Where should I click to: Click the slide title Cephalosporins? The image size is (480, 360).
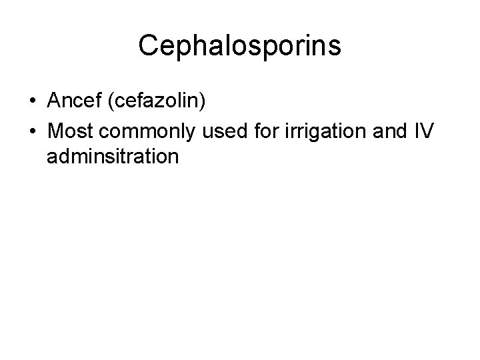point(240,45)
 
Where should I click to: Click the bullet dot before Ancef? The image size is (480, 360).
point(33,101)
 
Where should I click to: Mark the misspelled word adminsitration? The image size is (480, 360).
point(113,157)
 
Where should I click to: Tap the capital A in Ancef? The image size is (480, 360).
point(54,101)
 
